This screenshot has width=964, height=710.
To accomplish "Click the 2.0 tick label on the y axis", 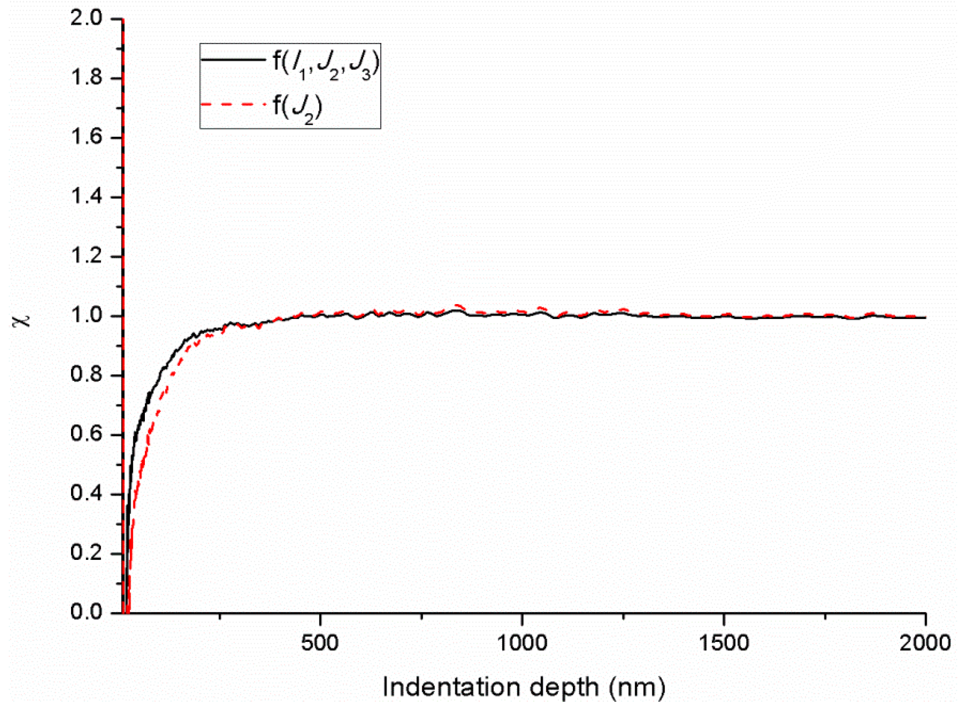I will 86,19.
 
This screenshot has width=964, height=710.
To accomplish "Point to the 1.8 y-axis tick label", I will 86,78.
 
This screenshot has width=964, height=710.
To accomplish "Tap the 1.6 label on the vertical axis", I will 86,138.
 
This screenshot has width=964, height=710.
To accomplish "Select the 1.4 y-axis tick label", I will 86,197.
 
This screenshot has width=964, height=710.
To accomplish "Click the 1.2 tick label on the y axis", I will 86,256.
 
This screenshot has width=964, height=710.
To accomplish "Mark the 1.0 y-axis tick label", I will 86,316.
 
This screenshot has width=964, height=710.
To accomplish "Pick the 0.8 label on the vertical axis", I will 86,375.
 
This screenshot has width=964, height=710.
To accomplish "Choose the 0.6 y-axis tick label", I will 86,434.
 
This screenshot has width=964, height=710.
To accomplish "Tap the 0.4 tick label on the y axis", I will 86,494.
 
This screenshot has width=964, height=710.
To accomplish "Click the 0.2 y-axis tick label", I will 86,553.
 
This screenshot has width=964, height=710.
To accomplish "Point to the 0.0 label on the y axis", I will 86,613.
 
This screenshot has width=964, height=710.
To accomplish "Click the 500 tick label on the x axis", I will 320,643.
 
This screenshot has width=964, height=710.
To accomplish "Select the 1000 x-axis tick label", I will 522,643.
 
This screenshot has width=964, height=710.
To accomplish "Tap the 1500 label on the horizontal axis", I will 724,643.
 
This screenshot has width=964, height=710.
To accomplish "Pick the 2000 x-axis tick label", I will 925,643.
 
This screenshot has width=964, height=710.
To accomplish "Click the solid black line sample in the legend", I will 233,60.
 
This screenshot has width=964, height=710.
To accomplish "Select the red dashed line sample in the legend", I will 233,104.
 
